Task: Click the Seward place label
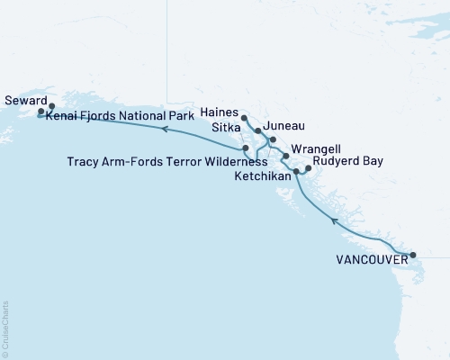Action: point(23,101)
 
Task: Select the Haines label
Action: point(220,113)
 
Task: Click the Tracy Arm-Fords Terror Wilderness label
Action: point(167,162)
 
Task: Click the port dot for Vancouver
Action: point(413,255)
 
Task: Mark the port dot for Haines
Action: point(245,116)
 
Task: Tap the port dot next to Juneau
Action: point(272,140)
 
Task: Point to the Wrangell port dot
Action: point(286,157)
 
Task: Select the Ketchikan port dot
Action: point(296,169)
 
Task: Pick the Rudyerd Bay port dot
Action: point(308,167)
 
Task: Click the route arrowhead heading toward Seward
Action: point(165,130)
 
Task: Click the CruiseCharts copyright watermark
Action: point(4,328)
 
